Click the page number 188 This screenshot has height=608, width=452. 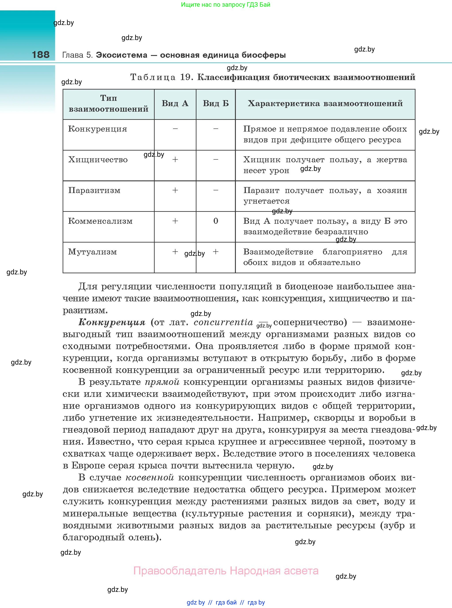click(40, 55)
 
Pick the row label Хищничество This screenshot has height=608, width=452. click(98, 160)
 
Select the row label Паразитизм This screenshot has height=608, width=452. click(94, 190)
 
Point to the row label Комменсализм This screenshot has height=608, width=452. click(100, 221)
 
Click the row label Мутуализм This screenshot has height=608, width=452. click(92, 252)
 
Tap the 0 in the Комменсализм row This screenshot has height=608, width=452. click(216, 221)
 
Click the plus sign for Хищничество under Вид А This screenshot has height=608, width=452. click(175, 159)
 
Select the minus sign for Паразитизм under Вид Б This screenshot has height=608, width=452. click(216, 190)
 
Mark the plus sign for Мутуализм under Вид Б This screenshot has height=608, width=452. click(216, 252)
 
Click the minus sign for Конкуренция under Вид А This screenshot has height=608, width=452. click(175, 128)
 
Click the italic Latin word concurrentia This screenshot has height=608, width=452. click(223, 322)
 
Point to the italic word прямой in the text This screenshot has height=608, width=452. click(162, 382)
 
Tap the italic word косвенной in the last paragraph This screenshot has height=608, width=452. click(150, 477)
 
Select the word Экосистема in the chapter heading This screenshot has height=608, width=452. click(121, 55)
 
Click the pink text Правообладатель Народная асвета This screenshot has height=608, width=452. click(226, 571)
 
